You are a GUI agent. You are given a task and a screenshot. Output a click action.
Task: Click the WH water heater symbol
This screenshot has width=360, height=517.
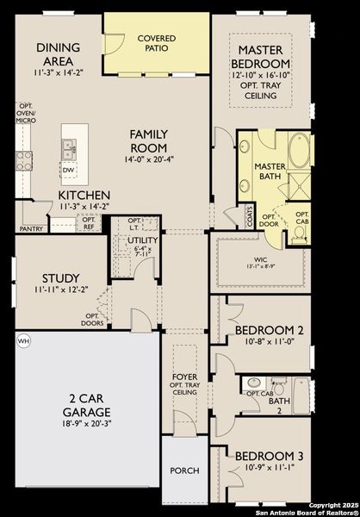[x=22, y=340]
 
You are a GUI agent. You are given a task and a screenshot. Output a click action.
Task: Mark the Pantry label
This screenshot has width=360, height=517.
[x=31, y=229]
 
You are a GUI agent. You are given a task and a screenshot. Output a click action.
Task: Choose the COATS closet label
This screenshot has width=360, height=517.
[x=250, y=221]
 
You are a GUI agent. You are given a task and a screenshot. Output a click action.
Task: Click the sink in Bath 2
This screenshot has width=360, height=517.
[x=254, y=383]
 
